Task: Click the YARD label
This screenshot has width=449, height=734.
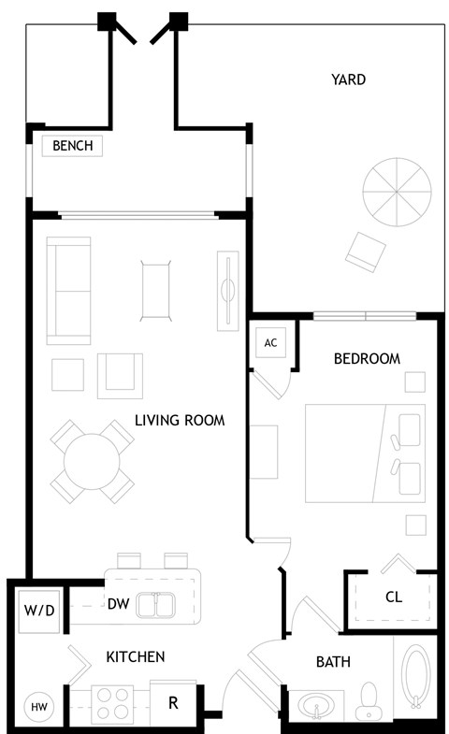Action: click(348, 79)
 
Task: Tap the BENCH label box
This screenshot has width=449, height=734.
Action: click(72, 146)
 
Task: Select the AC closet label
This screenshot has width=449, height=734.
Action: click(270, 343)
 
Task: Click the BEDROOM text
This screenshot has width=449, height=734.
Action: click(368, 358)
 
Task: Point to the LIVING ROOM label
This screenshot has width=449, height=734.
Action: click(180, 421)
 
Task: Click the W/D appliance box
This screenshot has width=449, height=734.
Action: click(39, 612)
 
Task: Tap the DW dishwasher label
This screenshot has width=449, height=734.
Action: click(118, 604)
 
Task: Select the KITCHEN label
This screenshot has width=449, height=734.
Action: click(136, 657)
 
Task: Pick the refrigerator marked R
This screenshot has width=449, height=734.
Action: click(173, 702)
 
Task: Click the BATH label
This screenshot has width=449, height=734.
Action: click(333, 662)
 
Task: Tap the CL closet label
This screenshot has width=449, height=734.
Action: click(394, 597)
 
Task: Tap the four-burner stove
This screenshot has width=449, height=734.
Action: click(111, 703)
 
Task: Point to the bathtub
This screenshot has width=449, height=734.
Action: click(416, 677)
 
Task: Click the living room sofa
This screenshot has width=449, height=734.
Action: click(68, 290)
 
